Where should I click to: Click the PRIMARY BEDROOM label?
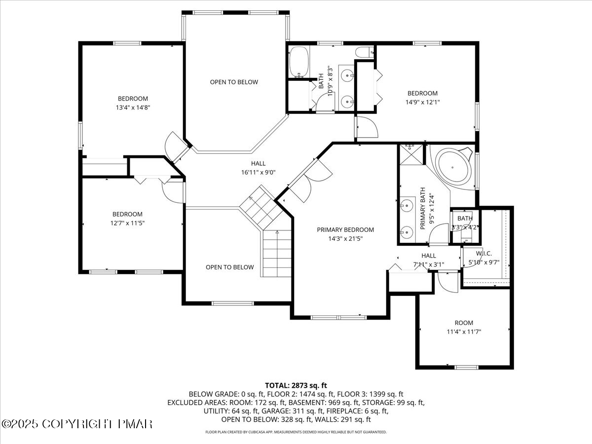coord(345,229)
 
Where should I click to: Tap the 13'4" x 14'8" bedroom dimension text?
coord(133,107)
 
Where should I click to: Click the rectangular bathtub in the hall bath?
coord(299,63)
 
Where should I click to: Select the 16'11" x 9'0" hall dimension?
coord(258,172)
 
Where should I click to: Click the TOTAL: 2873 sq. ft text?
coord(296,385)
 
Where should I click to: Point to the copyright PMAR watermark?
coord(77,424)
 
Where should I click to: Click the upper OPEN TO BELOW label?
coord(234,82)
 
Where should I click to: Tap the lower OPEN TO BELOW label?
coord(230,267)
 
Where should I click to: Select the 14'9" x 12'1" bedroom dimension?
coord(422,102)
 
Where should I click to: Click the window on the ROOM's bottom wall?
coord(466,367)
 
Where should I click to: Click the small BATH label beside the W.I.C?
coord(465,218)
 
